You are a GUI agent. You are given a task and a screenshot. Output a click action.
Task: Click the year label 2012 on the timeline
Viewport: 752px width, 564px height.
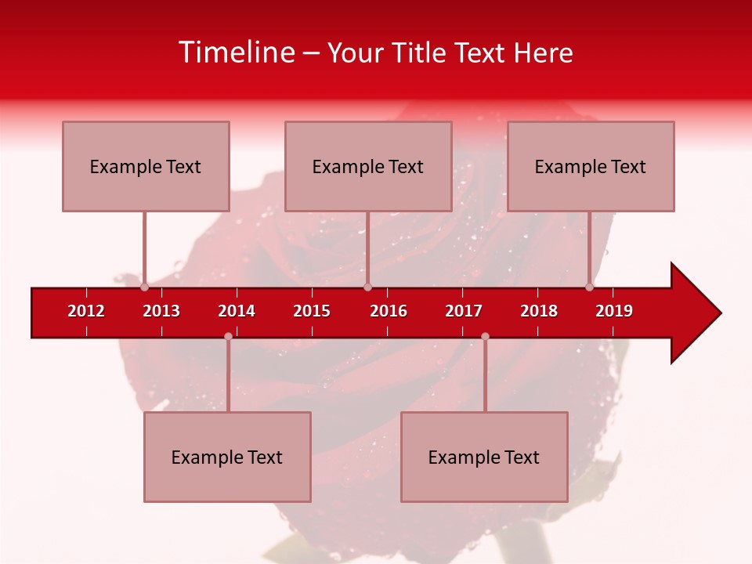[x=86, y=311]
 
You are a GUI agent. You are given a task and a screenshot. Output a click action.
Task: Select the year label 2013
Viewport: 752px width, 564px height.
[x=161, y=311]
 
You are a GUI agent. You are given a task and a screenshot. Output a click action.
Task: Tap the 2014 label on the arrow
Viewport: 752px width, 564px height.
[x=237, y=311]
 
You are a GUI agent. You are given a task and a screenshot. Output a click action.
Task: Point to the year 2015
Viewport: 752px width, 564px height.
[x=312, y=311]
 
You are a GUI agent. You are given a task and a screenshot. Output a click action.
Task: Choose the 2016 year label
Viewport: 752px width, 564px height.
[x=389, y=311]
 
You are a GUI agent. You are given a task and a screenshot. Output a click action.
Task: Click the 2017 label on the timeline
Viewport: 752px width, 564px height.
[x=464, y=311]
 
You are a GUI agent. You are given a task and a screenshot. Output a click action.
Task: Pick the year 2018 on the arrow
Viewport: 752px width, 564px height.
[x=539, y=311]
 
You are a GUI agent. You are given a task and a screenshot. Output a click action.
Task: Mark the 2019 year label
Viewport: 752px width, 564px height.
[x=614, y=311]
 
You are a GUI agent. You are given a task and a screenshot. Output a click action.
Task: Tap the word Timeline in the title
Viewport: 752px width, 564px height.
[x=236, y=52]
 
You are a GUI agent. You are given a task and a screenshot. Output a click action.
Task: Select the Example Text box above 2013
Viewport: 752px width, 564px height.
[x=146, y=166]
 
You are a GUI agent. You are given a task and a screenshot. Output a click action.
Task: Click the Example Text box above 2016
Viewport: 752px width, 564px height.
[x=368, y=166]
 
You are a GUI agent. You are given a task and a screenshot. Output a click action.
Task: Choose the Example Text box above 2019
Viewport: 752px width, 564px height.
[x=591, y=166]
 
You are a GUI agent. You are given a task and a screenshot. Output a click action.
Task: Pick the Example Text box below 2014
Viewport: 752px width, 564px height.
[x=227, y=457]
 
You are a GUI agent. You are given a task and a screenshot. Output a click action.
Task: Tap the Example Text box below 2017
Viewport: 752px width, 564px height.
[x=484, y=457]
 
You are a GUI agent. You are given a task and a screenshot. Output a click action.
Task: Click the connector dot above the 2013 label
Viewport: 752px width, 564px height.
[x=145, y=287]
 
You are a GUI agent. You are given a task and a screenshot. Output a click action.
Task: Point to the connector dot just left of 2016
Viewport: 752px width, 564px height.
[x=367, y=287]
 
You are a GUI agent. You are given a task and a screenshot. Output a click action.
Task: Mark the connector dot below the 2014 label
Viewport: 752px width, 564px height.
[x=228, y=336]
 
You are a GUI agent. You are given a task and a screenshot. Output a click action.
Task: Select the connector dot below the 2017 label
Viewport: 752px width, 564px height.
[x=485, y=336]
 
